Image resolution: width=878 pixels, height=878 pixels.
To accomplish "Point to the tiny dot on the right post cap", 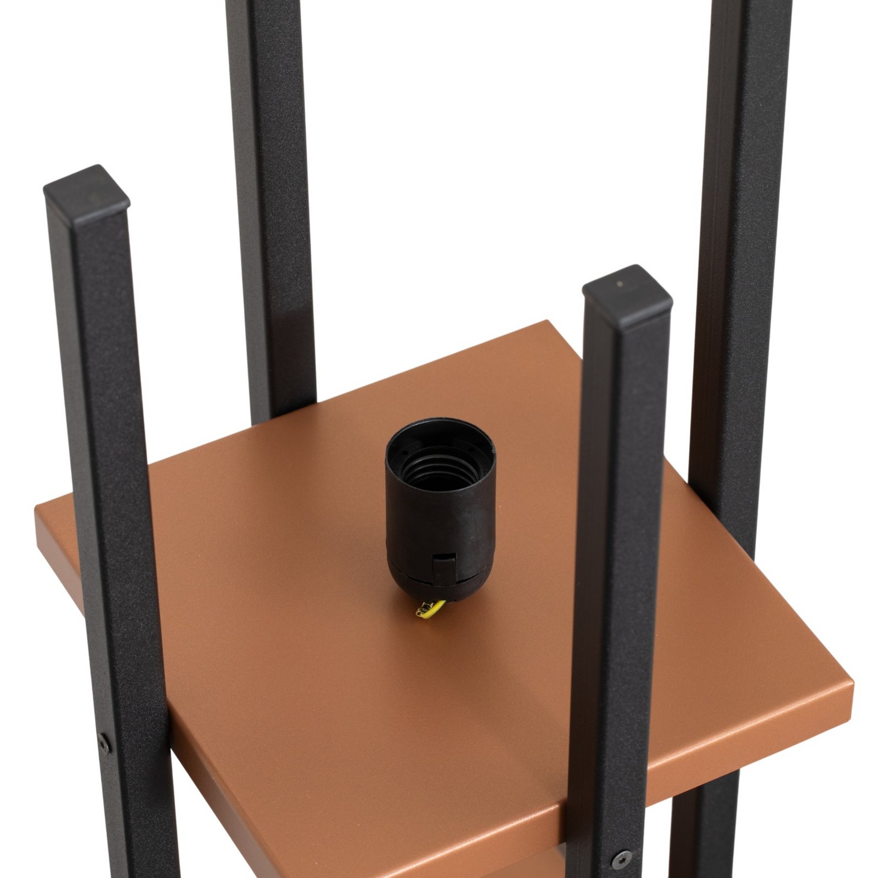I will tap(620, 284).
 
